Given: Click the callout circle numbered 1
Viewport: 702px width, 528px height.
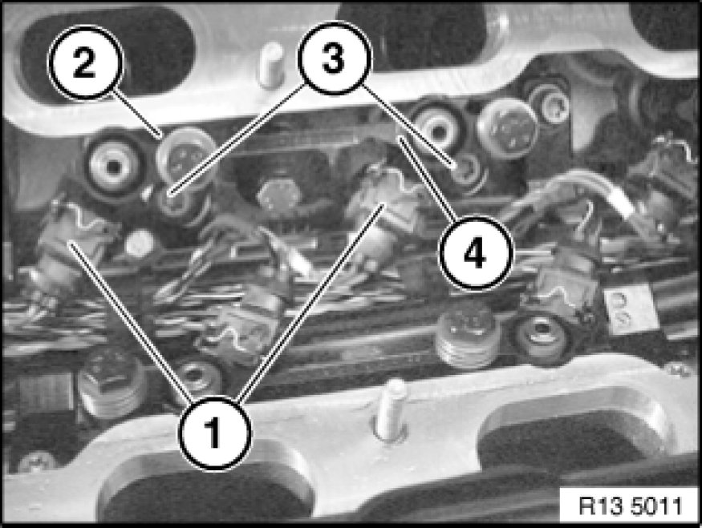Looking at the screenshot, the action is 215,433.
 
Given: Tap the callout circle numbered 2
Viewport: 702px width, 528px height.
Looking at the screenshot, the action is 85,62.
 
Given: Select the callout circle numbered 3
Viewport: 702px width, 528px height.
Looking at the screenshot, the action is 334,58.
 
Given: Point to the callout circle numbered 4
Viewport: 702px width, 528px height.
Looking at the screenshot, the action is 475,253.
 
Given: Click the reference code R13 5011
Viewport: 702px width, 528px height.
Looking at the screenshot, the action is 630,506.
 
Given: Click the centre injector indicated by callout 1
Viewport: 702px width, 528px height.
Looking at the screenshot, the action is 380,215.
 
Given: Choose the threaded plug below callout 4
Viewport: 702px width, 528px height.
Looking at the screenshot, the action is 465,337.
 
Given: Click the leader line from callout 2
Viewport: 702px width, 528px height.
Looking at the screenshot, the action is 137,113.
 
